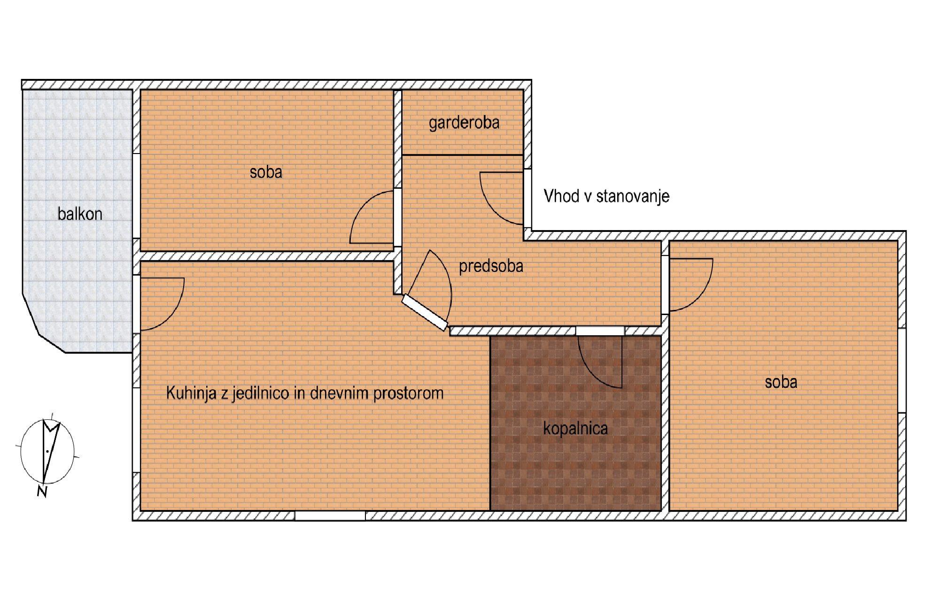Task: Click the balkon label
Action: point(80,214)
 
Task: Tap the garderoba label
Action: point(464,123)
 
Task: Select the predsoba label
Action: point(491,266)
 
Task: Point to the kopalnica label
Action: point(575,428)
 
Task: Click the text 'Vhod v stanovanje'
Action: point(606,196)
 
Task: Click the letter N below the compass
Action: point(42,492)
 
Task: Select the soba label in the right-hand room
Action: point(781,382)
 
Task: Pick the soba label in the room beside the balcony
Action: point(266,172)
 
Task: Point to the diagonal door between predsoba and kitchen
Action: point(424,312)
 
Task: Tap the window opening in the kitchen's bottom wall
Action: point(330,516)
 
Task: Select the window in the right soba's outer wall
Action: point(902,370)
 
